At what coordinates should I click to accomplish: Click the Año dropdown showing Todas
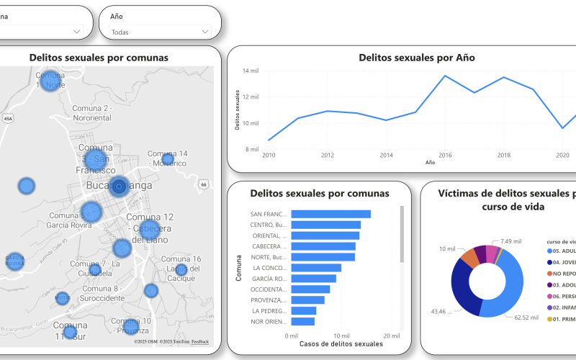pos(160,32)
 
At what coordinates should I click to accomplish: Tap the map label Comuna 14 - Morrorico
pos(167,158)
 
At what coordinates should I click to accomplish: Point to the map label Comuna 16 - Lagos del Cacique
pos(181,264)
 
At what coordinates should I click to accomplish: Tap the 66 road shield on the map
pos(204,185)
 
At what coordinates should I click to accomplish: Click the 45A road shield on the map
pos(8,118)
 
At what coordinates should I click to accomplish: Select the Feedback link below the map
pos(200,341)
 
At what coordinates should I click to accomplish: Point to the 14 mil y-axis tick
pos(251,71)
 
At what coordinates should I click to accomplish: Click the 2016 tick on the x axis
pos(444,155)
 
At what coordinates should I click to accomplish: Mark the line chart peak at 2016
pos(444,76)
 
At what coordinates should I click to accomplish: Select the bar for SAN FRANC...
pos(330,214)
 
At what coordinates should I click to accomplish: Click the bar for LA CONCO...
pos(316,268)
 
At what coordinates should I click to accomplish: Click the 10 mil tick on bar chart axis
pos(341,336)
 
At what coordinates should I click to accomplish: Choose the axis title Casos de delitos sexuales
pos(341,345)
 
